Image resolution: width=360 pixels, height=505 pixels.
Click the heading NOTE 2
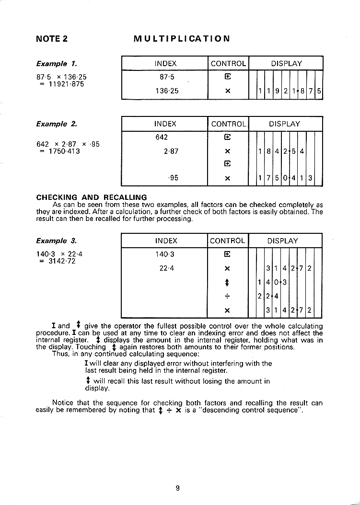[52, 39]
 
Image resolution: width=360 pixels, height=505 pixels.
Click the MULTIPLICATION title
[182, 39]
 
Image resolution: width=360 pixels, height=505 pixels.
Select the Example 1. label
[57, 63]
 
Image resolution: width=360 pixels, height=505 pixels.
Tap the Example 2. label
[57, 124]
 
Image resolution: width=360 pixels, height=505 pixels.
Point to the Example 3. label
[57, 241]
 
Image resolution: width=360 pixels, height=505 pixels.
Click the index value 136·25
[166, 90]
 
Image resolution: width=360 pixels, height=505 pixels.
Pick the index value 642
[162, 137]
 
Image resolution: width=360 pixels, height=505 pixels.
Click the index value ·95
[173, 177]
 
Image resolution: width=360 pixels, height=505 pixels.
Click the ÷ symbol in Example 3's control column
[228, 296]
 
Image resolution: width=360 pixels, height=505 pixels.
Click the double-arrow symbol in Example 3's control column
[228, 282]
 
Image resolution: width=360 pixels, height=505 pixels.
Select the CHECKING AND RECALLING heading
[92, 197]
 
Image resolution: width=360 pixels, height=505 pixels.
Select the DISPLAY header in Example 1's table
[286, 63]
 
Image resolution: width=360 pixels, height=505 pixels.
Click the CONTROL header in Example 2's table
[228, 124]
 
